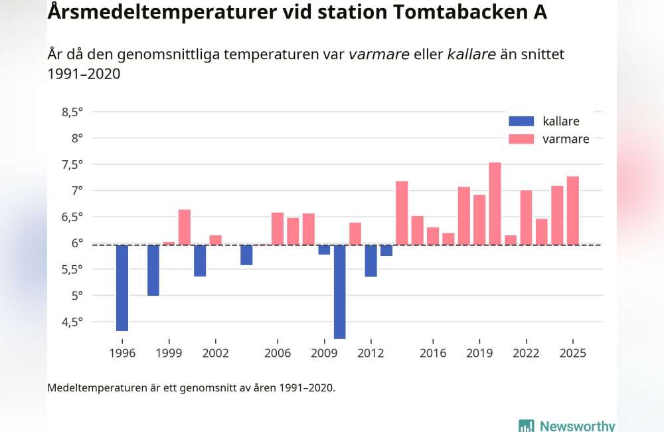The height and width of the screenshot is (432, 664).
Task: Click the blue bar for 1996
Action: click(122, 287)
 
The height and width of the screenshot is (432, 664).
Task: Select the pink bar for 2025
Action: click(572, 210)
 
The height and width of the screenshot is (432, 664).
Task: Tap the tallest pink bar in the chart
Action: click(495, 203)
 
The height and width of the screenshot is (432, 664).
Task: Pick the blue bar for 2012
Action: click(371, 261)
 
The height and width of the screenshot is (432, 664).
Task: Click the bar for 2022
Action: click(526, 217)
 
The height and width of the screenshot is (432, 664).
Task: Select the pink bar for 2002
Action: click(215, 240)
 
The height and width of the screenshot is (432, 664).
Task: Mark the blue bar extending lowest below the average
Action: click(339, 291)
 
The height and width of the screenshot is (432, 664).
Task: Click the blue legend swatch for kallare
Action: click(521, 121)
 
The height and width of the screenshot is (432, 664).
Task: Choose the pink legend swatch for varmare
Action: click(521, 139)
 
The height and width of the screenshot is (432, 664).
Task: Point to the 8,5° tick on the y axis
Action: click(72, 112)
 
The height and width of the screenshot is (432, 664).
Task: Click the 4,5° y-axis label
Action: click(72, 322)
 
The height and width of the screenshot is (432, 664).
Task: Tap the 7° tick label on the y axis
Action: click(77, 191)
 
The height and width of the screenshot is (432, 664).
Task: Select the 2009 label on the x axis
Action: click(324, 353)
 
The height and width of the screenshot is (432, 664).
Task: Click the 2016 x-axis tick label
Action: click(433, 353)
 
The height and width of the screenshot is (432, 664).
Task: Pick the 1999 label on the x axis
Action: click(169, 353)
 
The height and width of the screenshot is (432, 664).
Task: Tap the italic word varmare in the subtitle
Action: click(378, 54)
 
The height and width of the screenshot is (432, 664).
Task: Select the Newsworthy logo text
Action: click(576, 426)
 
